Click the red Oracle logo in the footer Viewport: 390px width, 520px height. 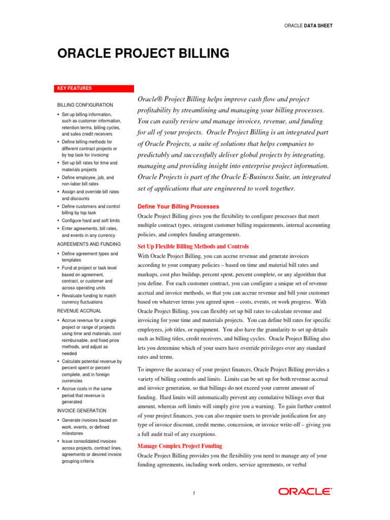pos(305,492)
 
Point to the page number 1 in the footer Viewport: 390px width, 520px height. pos(194,493)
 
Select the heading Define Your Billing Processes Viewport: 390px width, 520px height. pos(178,207)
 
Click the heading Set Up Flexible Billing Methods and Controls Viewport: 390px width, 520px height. pos(193,246)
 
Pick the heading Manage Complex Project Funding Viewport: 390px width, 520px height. pos(180,446)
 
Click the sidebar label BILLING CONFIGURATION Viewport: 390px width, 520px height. pos(85,105)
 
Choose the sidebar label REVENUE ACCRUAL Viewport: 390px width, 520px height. pos(79,310)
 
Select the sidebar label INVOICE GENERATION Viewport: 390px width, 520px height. pos(82,410)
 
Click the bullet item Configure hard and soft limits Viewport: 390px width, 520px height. pos(91,221)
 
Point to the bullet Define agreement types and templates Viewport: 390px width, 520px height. pos(89,256)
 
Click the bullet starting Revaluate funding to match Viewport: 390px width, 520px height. pos(89,299)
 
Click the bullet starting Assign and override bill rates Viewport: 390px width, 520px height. pos(89,196)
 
